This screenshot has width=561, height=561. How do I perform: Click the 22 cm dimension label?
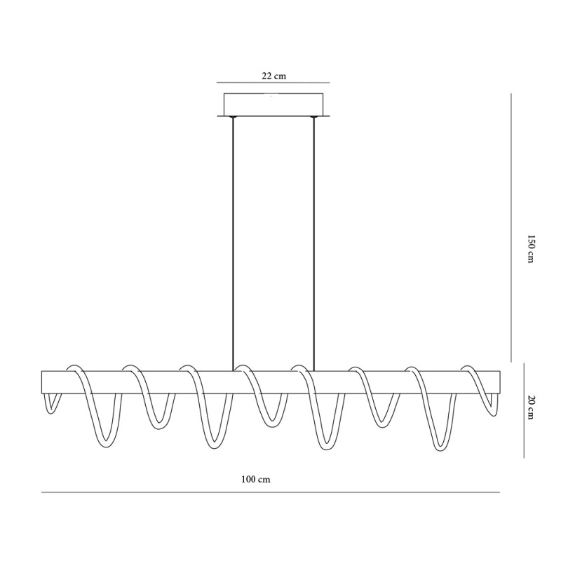coord(274,75)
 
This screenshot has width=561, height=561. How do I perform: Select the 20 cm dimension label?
coord(531,409)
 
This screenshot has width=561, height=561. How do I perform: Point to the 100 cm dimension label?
coord(255,480)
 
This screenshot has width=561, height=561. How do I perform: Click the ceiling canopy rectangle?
coord(273,104)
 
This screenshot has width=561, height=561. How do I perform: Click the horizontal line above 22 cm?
coord(273,82)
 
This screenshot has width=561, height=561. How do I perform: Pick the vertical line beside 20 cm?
coord(524,410)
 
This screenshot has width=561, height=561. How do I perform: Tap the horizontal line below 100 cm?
coord(271,492)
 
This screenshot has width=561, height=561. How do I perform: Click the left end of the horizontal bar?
coord(43,382)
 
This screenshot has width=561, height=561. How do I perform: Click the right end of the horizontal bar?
coord(499,382)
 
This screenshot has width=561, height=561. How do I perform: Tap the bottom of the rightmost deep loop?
coord(439,447)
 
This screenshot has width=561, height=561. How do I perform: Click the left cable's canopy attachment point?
coord(233,117)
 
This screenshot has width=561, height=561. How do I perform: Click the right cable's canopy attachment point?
coord(314,117)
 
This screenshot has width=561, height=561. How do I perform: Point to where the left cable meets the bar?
coord(233,370)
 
